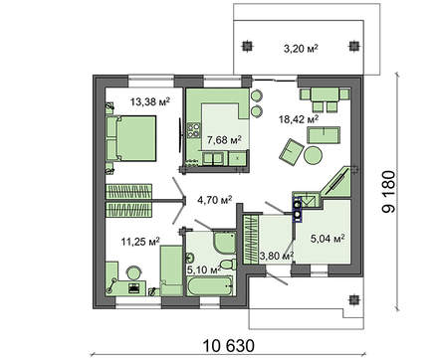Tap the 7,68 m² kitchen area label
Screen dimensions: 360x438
point(224,140)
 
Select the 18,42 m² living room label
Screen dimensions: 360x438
point(299,118)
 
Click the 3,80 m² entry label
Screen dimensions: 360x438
point(275,256)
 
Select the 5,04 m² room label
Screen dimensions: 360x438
point(326,239)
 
